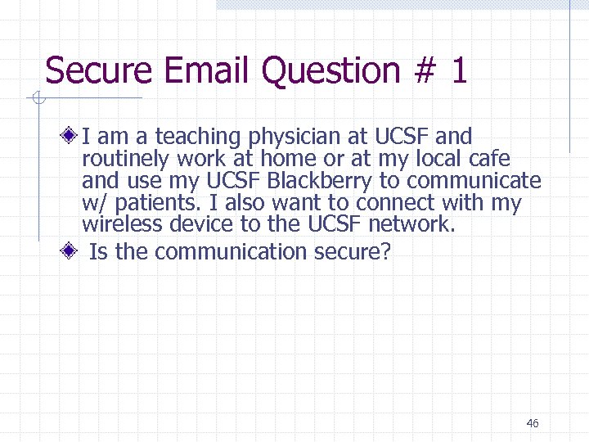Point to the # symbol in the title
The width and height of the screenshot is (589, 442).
(423, 71)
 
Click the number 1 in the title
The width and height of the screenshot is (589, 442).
(459, 71)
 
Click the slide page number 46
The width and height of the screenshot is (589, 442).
(533, 423)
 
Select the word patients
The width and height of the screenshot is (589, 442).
(157, 203)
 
